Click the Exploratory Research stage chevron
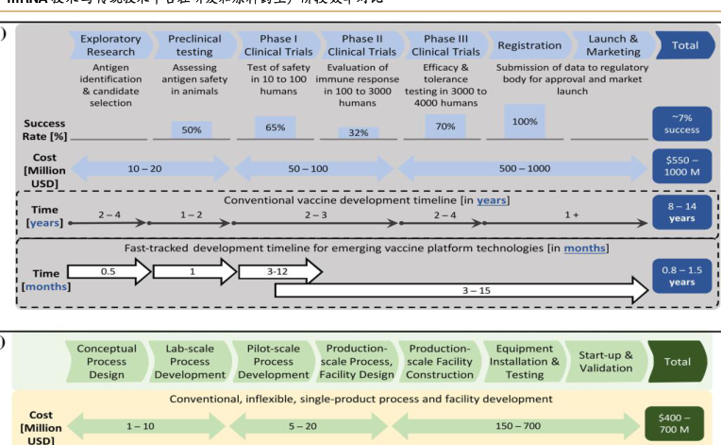click(x=110, y=45)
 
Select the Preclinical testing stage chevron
click(x=194, y=45)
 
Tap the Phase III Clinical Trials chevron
click(x=445, y=45)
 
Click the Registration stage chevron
click(x=528, y=45)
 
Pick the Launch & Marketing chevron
click(x=612, y=45)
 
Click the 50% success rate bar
click(x=192, y=129)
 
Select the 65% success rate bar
click(x=276, y=127)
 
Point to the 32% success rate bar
click(x=359, y=133)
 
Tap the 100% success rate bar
click(x=525, y=122)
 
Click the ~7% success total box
click(x=682, y=123)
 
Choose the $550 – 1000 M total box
click(x=682, y=168)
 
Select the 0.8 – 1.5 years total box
click(x=682, y=275)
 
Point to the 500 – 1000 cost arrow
click(x=525, y=168)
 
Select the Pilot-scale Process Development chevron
click(x=274, y=362)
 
